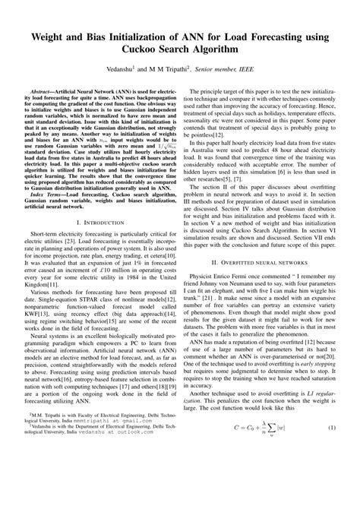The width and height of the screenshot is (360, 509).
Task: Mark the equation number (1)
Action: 332,473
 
